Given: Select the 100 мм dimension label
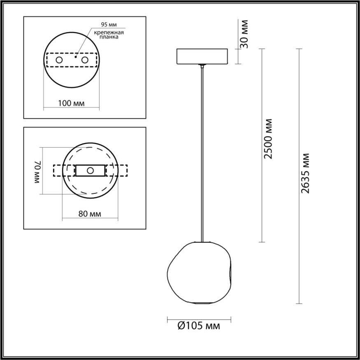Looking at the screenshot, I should coord(71,103).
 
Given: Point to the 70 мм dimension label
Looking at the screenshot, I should coord(37,172).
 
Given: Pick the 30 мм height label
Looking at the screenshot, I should coord(245,34).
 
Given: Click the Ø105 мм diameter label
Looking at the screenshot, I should coord(199,326).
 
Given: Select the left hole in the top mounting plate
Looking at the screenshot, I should coord(59,60).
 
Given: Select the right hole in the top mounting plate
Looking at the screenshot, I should coord(85,60).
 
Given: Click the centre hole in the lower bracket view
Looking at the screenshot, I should coord(90,170).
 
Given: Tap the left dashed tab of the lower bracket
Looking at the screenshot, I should coord(64,170).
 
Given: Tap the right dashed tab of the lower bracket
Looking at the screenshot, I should coord(117,170).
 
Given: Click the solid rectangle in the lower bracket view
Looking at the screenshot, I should coord(82,170).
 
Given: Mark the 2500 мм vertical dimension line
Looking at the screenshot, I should coord(262,144).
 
